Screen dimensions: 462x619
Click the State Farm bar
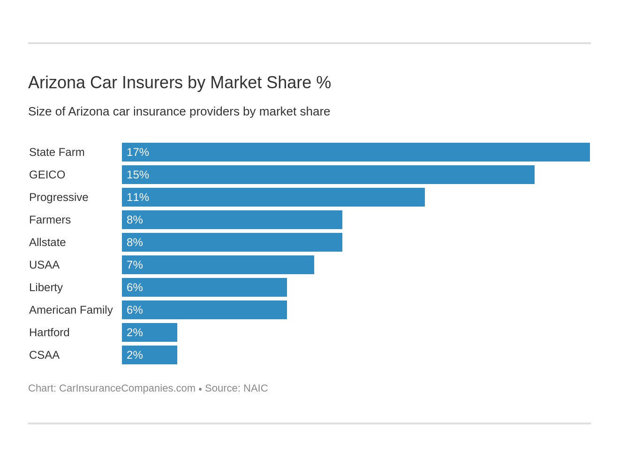tap(355, 152)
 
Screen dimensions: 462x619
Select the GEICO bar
tap(328, 175)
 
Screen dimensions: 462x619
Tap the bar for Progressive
tap(273, 197)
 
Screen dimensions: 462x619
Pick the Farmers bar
tap(232, 220)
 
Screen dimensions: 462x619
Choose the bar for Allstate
tap(232, 242)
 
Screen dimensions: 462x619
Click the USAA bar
tap(218, 265)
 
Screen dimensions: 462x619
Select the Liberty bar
tap(204, 287)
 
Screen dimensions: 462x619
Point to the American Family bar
tap(204, 310)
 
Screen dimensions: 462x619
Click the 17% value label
tap(138, 152)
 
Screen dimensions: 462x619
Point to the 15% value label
tap(138, 175)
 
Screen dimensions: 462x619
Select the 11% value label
tap(138, 197)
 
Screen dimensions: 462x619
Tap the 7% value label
tap(135, 265)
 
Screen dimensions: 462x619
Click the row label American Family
tap(71, 310)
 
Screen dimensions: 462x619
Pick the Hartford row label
tap(49, 332)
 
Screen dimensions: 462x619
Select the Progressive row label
tap(59, 197)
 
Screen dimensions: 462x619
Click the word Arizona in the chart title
tap(57, 83)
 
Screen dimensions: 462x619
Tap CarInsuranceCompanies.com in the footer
tap(127, 388)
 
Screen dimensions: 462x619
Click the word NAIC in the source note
tap(256, 388)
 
